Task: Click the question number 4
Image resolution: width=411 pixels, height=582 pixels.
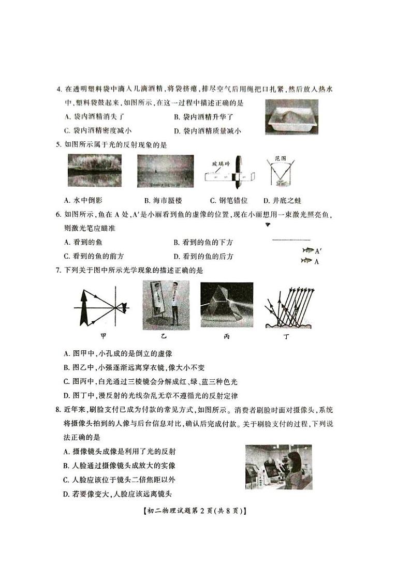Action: point(59,91)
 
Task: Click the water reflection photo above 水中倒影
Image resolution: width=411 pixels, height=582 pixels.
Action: point(91,171)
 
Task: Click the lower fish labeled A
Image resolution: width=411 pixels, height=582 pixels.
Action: point(307,261)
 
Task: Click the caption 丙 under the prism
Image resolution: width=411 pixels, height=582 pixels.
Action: point(226,336)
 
